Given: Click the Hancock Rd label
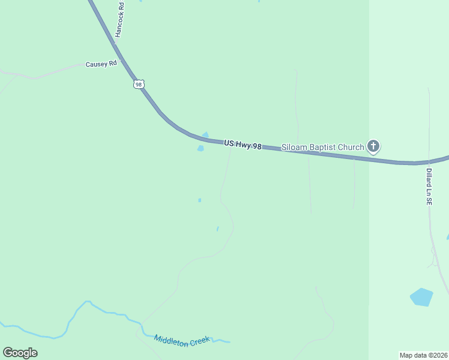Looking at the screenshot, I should tap(119, 22).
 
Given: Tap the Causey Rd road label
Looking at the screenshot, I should tap(101, 64).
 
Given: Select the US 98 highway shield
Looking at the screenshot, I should tap(139, 85).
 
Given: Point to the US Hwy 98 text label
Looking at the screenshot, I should tap(243, 145).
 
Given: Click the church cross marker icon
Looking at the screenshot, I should tap(373, 146).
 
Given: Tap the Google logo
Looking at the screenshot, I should tap(20, 353).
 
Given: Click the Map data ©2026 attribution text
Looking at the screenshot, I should tap(423, 355).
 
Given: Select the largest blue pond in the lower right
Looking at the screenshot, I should tap(421, 297).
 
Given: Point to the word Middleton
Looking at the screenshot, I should tap(169, 338).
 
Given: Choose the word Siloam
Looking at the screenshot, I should tap(294, 147).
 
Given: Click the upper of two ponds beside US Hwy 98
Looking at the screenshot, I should tap(205, 135).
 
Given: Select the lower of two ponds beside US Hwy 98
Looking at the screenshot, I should tap(200, 148).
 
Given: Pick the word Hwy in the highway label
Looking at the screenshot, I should tap(243, 145).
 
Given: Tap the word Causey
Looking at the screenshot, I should tap(95, 64).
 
